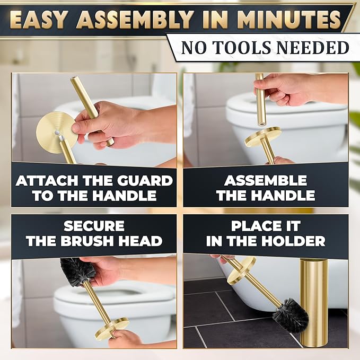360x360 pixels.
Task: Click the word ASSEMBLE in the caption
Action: [x=266, y=181]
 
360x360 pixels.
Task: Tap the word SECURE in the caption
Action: [x=94, y=226]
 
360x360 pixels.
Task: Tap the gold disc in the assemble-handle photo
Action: [x=263, y=137]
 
